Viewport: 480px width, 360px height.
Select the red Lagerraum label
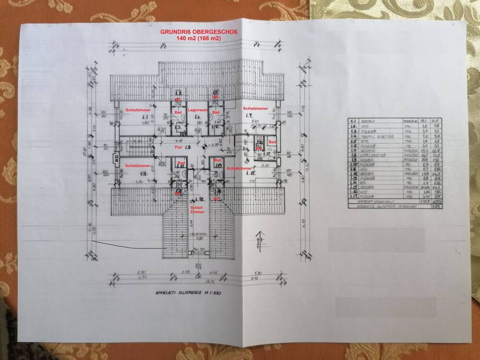[197, 110]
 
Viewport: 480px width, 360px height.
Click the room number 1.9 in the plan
[143, 173]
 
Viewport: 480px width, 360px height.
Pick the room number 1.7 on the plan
[249, 116]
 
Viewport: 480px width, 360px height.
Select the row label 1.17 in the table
[353, 196]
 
